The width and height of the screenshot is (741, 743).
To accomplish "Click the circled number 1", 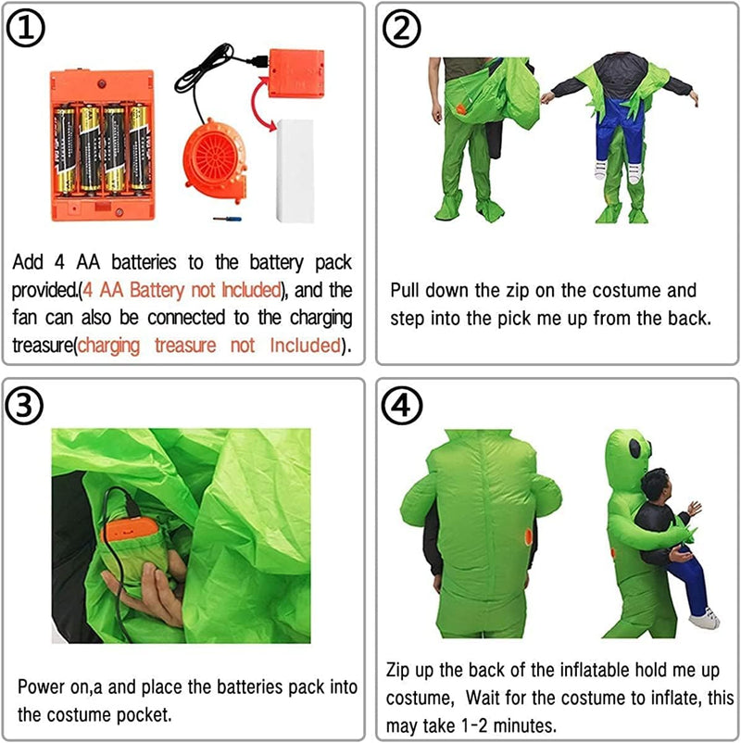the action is pos(26,28).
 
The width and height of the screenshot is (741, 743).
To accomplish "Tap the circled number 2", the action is pos(402,29).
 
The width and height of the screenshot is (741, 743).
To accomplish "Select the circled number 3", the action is pos(24,405).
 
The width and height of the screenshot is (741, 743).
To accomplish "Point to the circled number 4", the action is pos(402,406).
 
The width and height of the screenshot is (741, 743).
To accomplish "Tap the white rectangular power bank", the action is pos(295,170).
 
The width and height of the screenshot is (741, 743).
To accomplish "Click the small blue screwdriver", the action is pos(228,219).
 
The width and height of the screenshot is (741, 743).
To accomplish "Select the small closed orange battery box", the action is pos(296,73).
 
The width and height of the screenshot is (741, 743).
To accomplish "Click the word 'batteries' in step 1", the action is pos(144,262).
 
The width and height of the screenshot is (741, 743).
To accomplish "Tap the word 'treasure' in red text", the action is pos(185,345).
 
